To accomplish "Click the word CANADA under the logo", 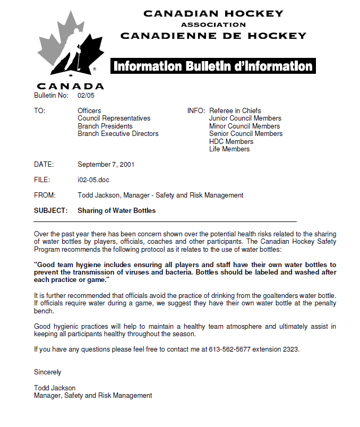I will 71,86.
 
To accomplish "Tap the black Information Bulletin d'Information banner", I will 213,66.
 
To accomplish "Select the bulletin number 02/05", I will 85,96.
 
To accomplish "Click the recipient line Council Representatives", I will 114,118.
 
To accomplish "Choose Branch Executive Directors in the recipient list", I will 118,134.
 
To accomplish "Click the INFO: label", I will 196,110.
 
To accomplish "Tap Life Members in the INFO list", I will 229,149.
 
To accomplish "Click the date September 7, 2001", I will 106,165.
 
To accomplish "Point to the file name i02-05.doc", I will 93,180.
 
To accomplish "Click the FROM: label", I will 45,195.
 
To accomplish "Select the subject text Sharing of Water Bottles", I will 117,211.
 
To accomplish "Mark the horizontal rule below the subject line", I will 165,221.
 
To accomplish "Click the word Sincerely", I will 47,372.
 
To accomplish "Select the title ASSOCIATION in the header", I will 213,24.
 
